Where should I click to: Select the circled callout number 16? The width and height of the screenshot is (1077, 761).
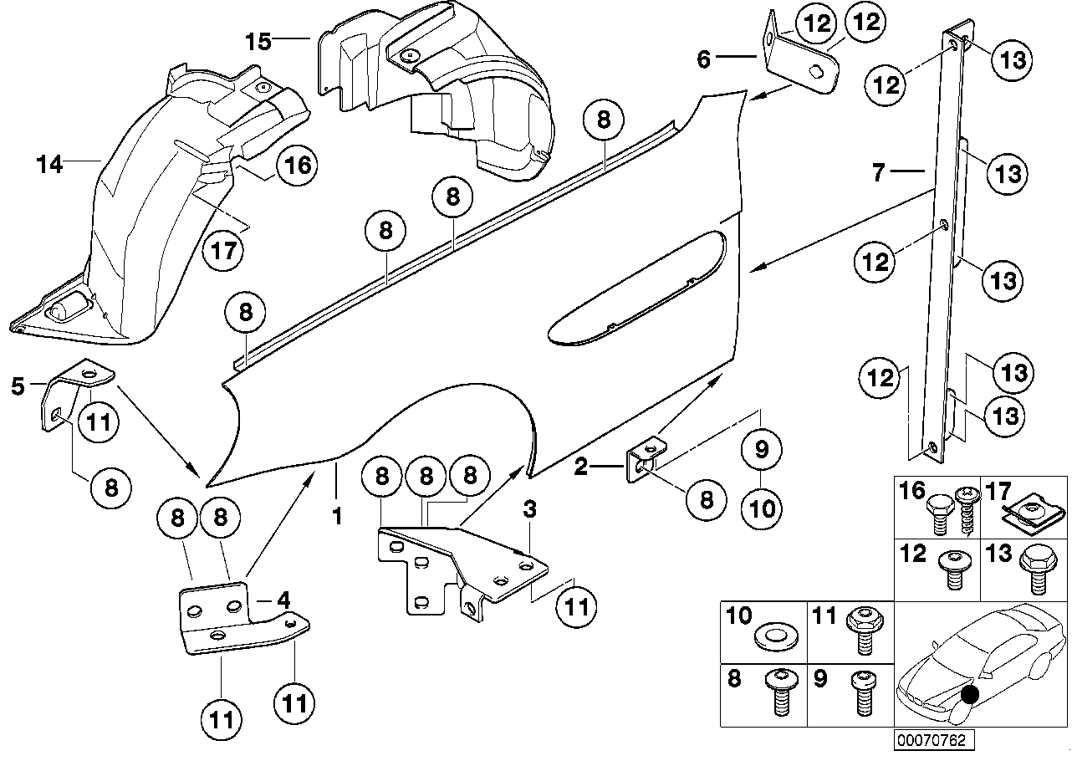(299, 165)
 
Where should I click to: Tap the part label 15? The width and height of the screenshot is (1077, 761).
(258, 41)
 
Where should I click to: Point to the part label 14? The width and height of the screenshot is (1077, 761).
(50, 165)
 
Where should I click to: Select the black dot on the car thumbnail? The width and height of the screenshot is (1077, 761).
(969, 694)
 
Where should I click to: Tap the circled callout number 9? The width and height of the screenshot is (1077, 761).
(761, 451)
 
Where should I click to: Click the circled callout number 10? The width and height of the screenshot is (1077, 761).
(761, 508)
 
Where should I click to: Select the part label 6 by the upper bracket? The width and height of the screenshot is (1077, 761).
(703, 59)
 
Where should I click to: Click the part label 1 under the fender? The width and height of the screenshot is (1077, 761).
(337, 517)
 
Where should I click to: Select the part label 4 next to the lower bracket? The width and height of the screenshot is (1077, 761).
(283, 600)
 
